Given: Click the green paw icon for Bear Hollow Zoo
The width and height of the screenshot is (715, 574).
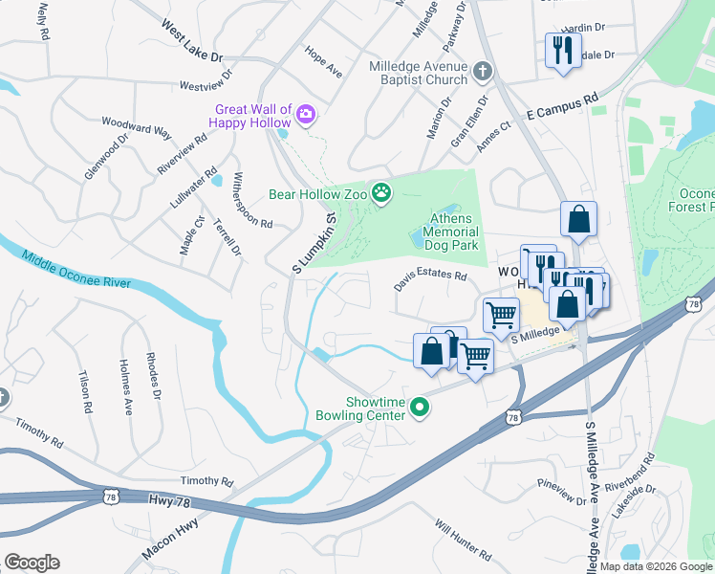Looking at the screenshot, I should (381, 194).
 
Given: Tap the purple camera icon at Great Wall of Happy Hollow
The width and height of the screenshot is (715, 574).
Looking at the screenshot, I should (306, 115).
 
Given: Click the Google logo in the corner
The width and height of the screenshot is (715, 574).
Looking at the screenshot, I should (32, 563).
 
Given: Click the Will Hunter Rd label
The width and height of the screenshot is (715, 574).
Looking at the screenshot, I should (463, 540).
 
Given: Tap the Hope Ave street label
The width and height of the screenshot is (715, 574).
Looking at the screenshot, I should (323, 61).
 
